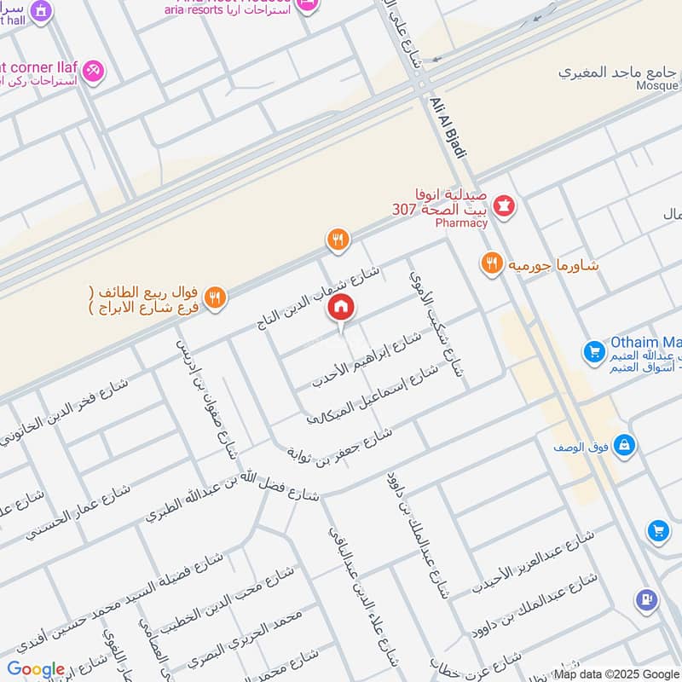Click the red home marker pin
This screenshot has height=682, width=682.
(342, 308)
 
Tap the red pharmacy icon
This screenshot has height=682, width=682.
(505, 206)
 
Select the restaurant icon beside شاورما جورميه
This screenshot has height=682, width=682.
(490, 263)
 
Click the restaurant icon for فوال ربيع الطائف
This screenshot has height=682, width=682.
(215, 297)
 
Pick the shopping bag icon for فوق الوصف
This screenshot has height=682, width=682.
(625, 446)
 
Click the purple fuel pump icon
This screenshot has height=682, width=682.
(646, 601)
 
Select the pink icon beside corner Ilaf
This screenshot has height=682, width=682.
(95, 69)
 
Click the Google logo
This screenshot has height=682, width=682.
(36, 669)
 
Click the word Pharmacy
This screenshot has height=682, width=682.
(460, 223)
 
